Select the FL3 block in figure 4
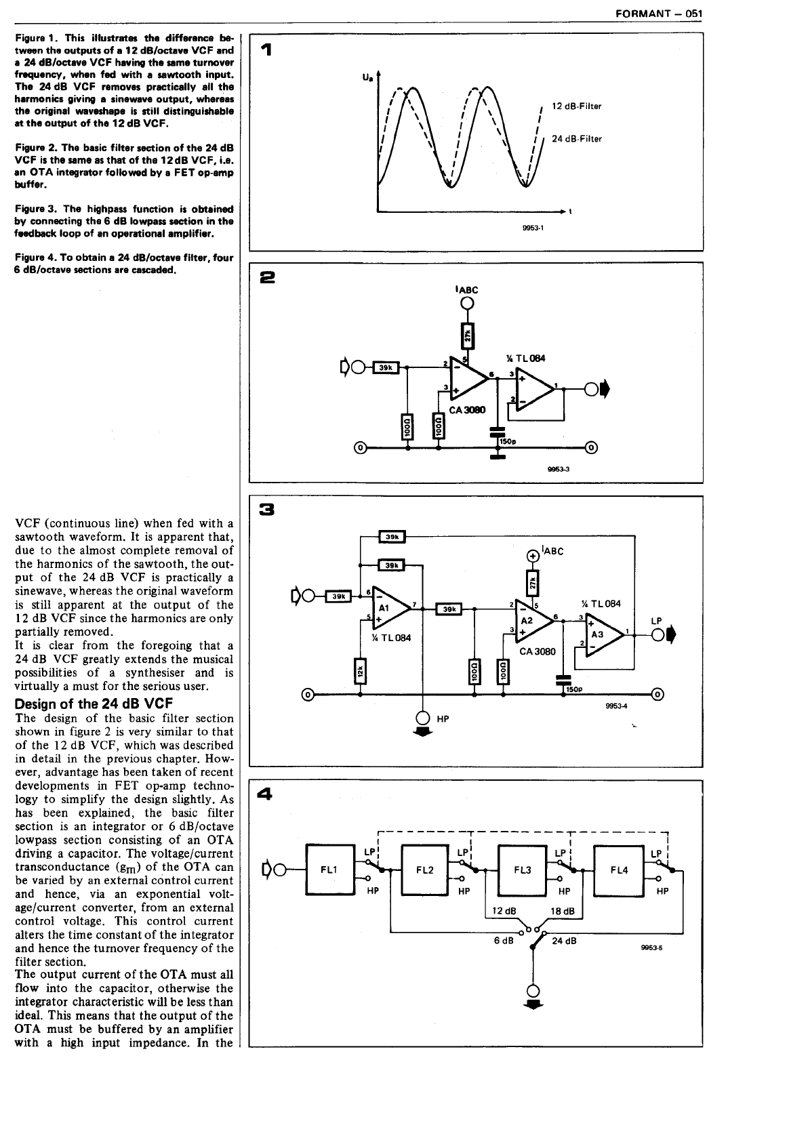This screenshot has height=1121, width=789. [x=522, y=870]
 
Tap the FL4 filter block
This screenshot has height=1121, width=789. [x=618, y=870]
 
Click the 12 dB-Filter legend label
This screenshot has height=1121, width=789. [x=576, y=106]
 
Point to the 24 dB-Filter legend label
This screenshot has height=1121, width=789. [x=576, y=139]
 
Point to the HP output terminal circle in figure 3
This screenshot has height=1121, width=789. [x=423, y=718]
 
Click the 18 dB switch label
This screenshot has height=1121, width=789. [x=563, y=911]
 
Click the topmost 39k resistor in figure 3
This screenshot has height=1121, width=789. [x=391, y=537]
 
